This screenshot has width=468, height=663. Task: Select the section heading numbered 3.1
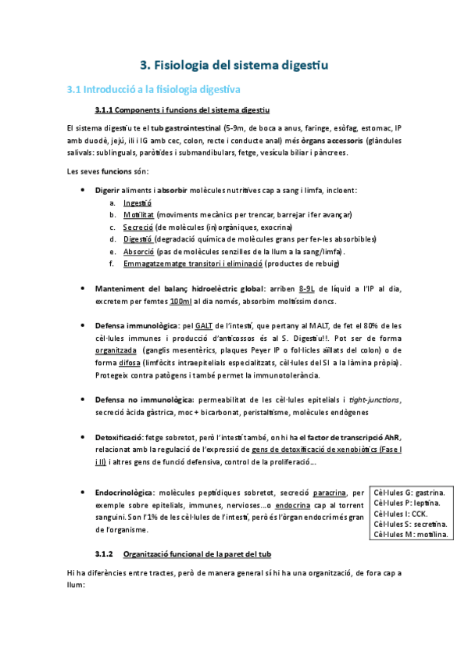(155, 90)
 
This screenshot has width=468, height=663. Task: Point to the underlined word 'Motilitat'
(139, 214)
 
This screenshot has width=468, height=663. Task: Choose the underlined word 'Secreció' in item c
(138, 227)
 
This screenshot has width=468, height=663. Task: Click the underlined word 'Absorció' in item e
(138, 252)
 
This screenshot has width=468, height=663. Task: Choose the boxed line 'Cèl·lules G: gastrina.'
(409, 493)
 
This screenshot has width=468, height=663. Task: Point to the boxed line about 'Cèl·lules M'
(411, 535)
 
